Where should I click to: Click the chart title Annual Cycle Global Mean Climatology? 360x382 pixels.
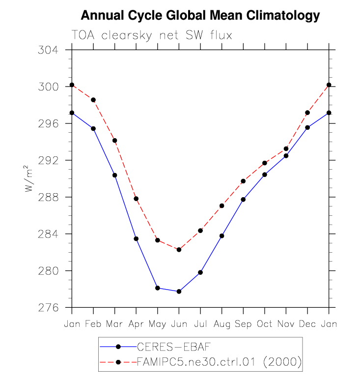(200, 16)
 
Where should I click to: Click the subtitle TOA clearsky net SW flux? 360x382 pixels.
(152, 35)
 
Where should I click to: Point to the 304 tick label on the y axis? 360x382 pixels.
(48, 50)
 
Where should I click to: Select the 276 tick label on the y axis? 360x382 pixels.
(48, 308)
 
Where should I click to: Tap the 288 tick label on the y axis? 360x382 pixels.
(48, 197)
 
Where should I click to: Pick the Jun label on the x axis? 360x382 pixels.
(179, 324)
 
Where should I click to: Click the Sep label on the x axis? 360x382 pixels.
(243, 324)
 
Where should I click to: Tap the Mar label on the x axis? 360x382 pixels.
(114, 324)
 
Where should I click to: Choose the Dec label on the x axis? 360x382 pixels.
(307, 324)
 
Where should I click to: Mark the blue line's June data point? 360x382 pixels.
(179, 292)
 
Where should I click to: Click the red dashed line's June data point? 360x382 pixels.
(179, 250)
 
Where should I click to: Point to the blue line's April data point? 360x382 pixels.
(136, 239)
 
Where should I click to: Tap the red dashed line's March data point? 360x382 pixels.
(114, 141)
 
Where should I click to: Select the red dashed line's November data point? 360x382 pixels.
(286, 148)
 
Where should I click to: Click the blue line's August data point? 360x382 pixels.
(222, 236)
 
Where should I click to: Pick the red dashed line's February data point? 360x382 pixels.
(93, 100)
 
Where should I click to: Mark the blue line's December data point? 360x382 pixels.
(307, 128)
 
